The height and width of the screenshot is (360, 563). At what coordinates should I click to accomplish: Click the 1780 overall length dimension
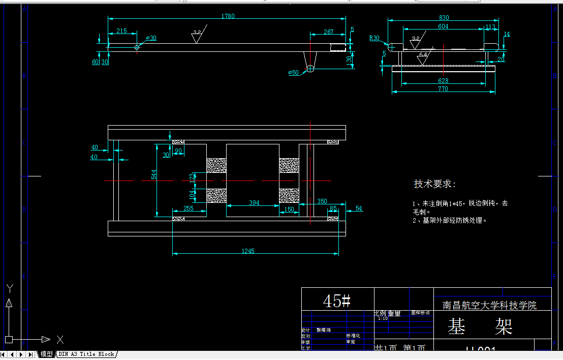(228, 16)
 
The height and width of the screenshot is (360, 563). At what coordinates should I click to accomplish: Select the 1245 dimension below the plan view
(248, 251)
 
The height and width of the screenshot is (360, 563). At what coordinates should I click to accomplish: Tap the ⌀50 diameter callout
(293, 73)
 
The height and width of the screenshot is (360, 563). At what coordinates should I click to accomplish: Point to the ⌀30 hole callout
(151, 38)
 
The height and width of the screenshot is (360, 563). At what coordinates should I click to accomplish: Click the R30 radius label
(374, 38)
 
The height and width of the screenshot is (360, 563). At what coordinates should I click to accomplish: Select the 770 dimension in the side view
(443, 89)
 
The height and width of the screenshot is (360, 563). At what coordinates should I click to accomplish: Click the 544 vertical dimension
(153, 173)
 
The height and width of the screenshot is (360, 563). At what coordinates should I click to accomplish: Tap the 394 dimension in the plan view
(254, 203)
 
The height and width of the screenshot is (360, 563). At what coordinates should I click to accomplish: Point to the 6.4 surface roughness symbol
(423, 54)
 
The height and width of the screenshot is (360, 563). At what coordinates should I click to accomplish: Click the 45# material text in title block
(337, 301)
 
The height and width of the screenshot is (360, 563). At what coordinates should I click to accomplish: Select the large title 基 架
(480, 327)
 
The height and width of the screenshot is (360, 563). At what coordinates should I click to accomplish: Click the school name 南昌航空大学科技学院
(489, 305)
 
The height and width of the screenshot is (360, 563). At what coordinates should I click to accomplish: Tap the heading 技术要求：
(435, 184)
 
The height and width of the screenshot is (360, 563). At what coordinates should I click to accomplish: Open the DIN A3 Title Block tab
(86, 354)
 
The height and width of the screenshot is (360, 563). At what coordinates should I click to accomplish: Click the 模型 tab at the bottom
(46, 354)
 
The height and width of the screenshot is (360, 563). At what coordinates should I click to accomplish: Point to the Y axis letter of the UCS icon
(9, 288)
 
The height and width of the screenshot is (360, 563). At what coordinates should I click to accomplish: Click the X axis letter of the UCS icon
(59, 339)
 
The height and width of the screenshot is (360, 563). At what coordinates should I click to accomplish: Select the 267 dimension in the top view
(328, 32)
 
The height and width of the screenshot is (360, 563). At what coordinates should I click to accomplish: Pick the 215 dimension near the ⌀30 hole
(122, 31)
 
